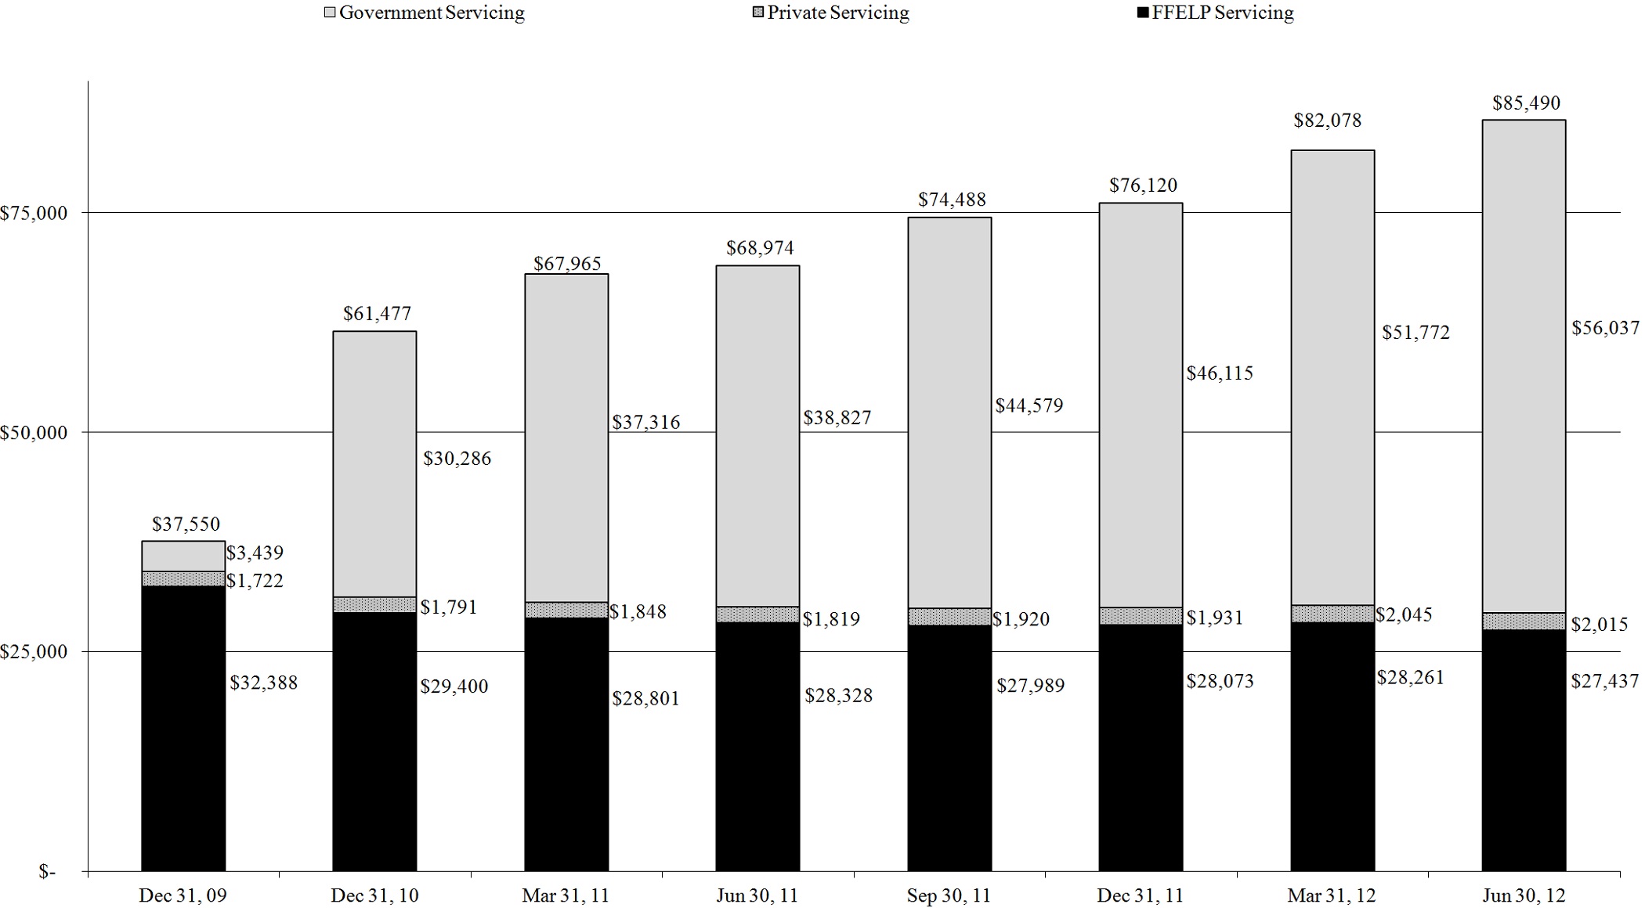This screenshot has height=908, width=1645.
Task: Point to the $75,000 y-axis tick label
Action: (34, 214)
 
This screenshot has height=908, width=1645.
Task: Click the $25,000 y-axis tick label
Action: (34, 652)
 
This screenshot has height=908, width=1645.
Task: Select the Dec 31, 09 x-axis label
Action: (183, 895)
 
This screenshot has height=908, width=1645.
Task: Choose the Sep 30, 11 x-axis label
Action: (949, 895)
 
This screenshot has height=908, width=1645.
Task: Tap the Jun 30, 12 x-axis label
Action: (1524, 895)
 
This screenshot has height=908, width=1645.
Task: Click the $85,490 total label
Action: (1526, 103)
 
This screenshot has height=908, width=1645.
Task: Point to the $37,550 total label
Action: (186, 524)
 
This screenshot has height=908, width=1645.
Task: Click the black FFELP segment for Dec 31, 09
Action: (183, 728)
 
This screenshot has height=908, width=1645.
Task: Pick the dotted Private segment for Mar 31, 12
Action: (1332, 614)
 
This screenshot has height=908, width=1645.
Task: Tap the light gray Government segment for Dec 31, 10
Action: (374, 463)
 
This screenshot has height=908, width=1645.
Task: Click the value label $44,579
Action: (1029, 405)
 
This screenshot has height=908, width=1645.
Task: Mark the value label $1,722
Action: (255, 581)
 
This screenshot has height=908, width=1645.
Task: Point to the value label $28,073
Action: (1220, 682)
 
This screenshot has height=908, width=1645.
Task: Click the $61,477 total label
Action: (377, 314)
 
